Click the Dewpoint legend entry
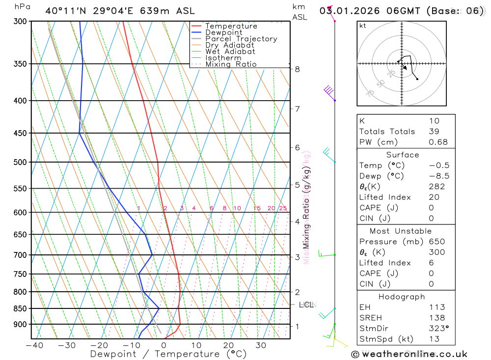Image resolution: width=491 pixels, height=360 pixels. (223, 32)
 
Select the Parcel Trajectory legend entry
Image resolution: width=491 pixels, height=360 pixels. (241, 39)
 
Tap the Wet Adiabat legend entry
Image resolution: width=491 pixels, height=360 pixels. (230, 52)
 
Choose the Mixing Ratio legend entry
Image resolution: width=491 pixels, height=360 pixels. (231, 64)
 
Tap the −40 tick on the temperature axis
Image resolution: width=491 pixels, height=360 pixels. (34, 345)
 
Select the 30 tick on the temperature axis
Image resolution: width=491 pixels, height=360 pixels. (261, 345)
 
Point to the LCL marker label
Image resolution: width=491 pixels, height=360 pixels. (306, 305)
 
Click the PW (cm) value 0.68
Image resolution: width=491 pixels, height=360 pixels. (438, 142)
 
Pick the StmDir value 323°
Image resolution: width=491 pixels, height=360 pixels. (438, 329)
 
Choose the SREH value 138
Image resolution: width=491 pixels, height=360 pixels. (436, 318)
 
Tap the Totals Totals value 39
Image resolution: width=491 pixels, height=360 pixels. (434, 131)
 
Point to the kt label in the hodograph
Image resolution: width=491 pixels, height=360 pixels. (363, 26)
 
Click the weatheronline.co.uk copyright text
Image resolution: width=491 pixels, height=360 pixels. (409, 354)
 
